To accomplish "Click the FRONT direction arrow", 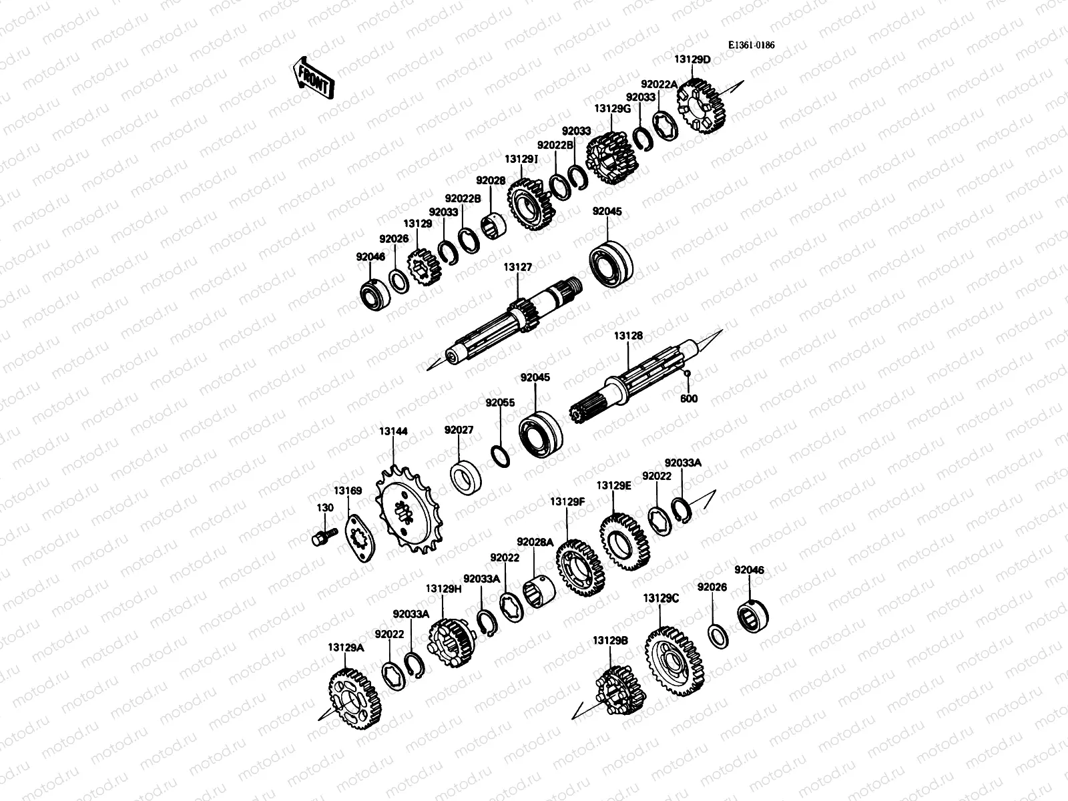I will click(312, 77).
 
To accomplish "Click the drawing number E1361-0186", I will click(751, 45).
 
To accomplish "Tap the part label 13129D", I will click(692, 59).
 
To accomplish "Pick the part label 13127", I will click(517, 267).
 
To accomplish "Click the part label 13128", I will click(628, 336).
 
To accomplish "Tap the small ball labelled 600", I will click(686, 372).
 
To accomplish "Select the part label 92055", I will click(500, 403).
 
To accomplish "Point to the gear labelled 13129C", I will click(672, 659).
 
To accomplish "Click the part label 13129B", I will click(610, 639).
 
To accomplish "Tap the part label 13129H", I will click(444, 589).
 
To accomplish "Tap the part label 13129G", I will click(611, 108).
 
